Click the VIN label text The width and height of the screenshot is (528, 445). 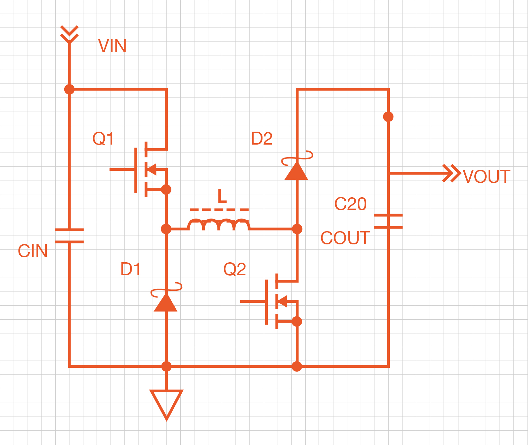(112, 46)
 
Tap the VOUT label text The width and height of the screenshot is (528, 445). (486, 176)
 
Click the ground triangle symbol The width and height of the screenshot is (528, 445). (166, 402)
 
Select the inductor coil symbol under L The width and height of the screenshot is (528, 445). (219, 224)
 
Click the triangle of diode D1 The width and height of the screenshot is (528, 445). (166, 303)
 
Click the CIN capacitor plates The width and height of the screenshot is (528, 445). (69, 236)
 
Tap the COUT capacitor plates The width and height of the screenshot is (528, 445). (388, 221)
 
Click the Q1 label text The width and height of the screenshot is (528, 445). (103, 138)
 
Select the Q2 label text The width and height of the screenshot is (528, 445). (234, 269)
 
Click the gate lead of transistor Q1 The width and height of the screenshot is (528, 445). (122, 169)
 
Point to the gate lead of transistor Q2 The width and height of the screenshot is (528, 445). (253, 301)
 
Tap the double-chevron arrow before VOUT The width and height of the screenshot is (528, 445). (452, 173)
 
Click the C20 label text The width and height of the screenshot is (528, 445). (350, 204)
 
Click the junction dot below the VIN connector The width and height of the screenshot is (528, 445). (69, 89)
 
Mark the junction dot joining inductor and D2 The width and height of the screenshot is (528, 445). (297, 229)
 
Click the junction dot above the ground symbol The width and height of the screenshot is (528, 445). (166, 366)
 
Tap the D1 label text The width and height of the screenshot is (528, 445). (130, 269)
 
